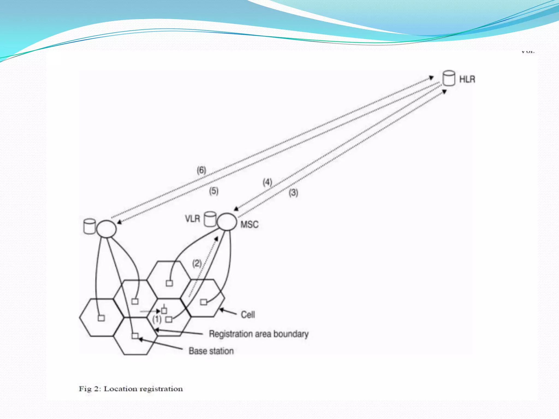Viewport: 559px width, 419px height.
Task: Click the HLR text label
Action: click(x=467, y=79)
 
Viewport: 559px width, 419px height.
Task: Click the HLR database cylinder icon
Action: click(x=448, y=78)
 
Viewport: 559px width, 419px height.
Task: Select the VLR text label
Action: click(x=192, y=219)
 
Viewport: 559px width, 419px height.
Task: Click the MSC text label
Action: click(x=249, y=225)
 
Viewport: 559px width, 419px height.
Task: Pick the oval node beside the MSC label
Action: click(x=227, y=222)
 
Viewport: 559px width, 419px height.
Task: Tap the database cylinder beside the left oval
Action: click(x=90, y=226)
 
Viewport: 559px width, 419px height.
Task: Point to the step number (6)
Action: click(x=201, y=170)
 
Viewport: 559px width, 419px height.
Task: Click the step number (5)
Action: click(x=214, y=191)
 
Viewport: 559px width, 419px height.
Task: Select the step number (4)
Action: click(x=267, y=182)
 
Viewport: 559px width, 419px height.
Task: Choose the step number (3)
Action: click(x=293, y=193)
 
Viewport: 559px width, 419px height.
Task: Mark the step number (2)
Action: click(x=197, y=264)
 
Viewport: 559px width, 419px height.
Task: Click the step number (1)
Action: click(x=157, y=319)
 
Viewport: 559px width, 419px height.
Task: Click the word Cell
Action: click(x=248, y=315)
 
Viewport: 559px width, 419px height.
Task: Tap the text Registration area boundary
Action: click(x=258, y=334)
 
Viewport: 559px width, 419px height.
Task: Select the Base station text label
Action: click(x=211, y=351)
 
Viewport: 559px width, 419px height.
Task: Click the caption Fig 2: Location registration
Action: click(x=131, y=389)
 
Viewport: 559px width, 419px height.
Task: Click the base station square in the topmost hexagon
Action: click(x=169, y=283)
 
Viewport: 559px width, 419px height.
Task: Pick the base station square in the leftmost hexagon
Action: click(x=101, y=318)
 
